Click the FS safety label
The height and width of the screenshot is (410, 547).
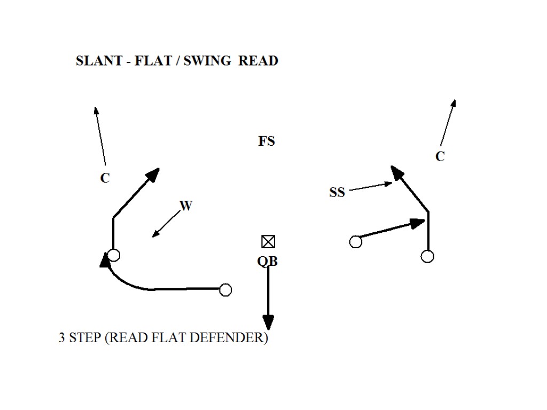coord(267,141)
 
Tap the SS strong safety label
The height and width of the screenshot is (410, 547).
coord(337,193)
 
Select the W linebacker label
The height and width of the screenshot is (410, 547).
coord(185,206)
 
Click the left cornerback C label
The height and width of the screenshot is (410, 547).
coord(105,178)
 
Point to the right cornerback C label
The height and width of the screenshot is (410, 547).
coord(440,157)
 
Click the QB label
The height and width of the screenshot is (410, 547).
coord(268,262)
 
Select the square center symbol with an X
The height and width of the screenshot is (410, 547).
coord(268,242)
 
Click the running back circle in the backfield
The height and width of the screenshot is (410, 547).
coord(225,290)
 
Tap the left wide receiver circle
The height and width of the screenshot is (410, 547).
coord(113,255)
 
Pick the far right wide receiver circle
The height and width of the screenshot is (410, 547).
coord(427,256)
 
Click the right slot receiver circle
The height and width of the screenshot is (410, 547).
coord(355,242)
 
